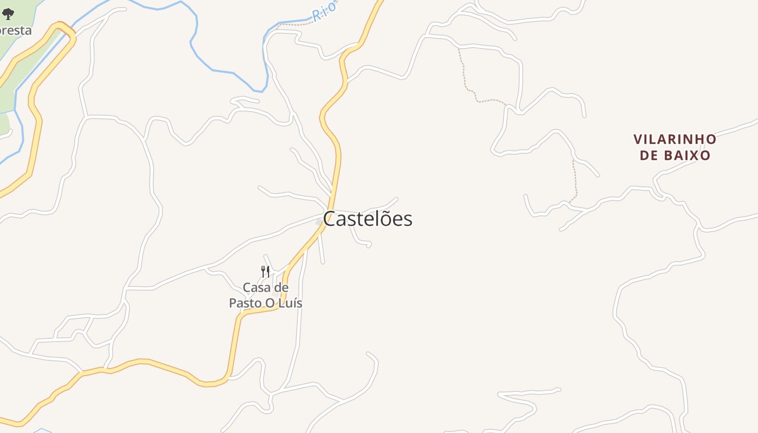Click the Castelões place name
[x=368, y=219]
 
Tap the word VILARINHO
[x=675, y=140]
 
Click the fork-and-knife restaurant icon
[x=265, y=271]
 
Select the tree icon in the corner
[x=8, y=14]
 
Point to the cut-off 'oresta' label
[x=16, y=30]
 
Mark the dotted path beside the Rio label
[x=295, y=24]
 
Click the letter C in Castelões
[x=329, y=219]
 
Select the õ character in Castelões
[x=384, y=219]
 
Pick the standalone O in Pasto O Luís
[x=271, y=303]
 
